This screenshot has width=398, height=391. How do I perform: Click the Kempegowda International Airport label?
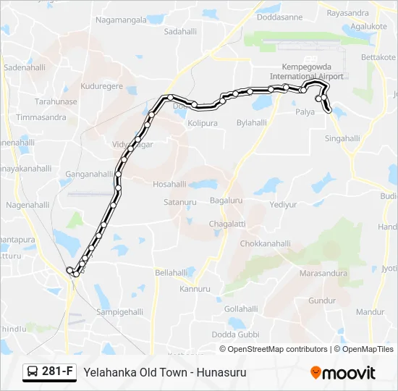click(308, 71)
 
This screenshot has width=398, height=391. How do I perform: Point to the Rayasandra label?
click(347, 13)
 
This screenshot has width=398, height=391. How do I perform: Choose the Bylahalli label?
click(252, 123)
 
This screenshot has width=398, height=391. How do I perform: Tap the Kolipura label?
click(203, 124)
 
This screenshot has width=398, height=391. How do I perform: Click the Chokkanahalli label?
click(266, 244)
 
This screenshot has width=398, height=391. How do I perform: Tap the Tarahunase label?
click(56, 102)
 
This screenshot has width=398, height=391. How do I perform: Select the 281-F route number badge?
click(57, 372)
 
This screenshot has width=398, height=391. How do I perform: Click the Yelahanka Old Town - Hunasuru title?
click(165, 372)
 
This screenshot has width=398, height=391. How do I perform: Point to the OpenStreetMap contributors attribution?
click(276, 349)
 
